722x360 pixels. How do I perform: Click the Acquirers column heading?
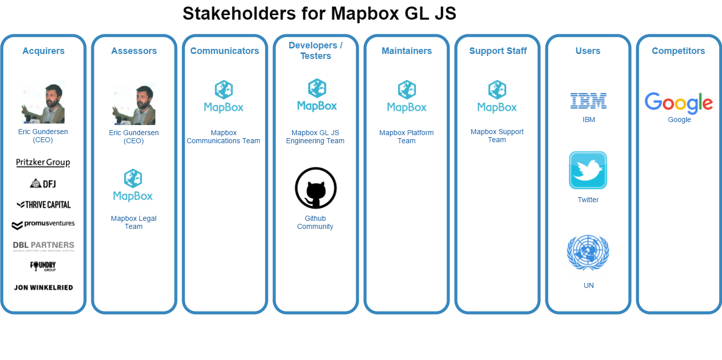(43, 51)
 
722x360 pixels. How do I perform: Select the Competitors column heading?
(678, 51)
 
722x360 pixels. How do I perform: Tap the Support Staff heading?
(497, 51)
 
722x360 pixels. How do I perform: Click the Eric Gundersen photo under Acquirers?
(43, 102)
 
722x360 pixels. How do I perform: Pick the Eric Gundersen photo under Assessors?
(134, 103)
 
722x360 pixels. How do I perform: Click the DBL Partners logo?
(43, 246)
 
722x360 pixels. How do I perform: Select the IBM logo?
(588, 101)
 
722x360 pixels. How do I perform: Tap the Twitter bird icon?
(588, 170)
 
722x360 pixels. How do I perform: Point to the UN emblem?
(588, 253)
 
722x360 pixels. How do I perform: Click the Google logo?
(679, 103)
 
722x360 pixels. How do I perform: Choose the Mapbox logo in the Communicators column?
(224, 96)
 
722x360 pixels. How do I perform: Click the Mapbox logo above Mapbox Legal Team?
(133, 185)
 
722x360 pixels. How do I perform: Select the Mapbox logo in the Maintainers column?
(407, 96)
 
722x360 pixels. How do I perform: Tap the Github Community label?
(315, 222)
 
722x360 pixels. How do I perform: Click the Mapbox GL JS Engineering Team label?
(315, 137)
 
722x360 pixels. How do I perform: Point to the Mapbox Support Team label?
(497, 136)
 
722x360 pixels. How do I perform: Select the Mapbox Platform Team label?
(406, 137)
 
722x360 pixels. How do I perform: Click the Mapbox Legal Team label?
(134, 222)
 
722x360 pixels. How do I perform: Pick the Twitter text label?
(588, 200)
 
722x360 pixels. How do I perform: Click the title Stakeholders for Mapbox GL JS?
(319, 14)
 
